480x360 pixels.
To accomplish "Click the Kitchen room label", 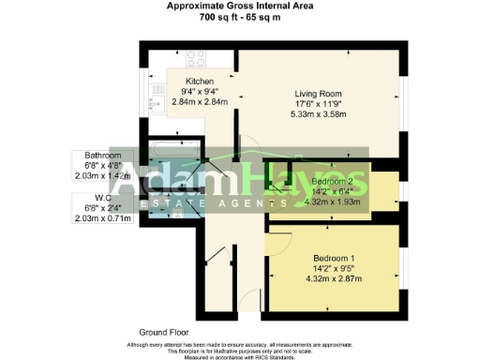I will coord(201,82).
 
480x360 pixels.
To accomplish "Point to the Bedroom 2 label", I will coord(333,179).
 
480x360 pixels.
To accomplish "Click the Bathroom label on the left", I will coord(103,154).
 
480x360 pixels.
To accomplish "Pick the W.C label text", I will coord(97,198).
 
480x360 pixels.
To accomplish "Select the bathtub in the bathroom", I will coord(170,148).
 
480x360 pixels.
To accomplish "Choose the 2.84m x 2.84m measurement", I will coord(201,102).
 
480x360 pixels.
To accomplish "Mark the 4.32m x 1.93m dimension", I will coord(334,200).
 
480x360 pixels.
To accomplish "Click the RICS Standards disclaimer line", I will coord(240,356).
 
